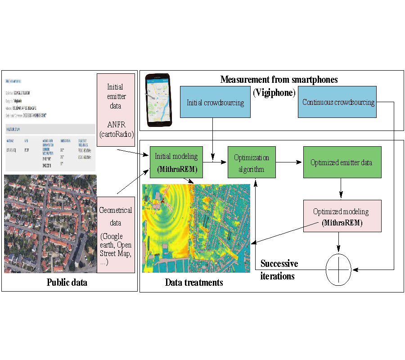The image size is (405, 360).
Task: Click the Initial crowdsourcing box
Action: (215, 102)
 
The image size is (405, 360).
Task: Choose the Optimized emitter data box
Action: (342, 162)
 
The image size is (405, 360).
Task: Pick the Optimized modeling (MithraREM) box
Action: (342, 216)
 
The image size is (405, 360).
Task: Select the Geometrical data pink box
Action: (116, 234)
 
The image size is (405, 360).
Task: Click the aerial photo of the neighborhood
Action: (49, 224)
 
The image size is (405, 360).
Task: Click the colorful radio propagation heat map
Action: (197, 228)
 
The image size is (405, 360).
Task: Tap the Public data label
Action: (67, 283)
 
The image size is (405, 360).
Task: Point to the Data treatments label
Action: (194, 283)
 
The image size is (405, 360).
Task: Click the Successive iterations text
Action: (279, 270)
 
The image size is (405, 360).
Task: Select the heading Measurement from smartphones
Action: (279, 80)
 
